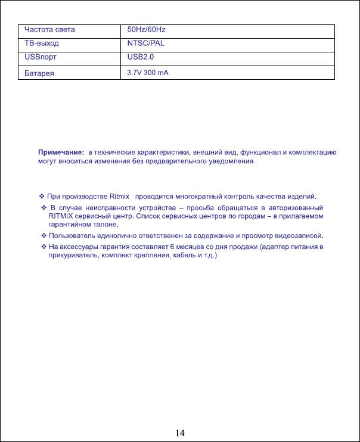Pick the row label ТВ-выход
coord(42,43)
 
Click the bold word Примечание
coord(61,152)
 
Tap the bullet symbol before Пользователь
coord(42,236)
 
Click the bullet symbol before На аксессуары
coord(42,246)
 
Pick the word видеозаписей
coord(300,236)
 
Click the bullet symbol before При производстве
coord(42,197)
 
